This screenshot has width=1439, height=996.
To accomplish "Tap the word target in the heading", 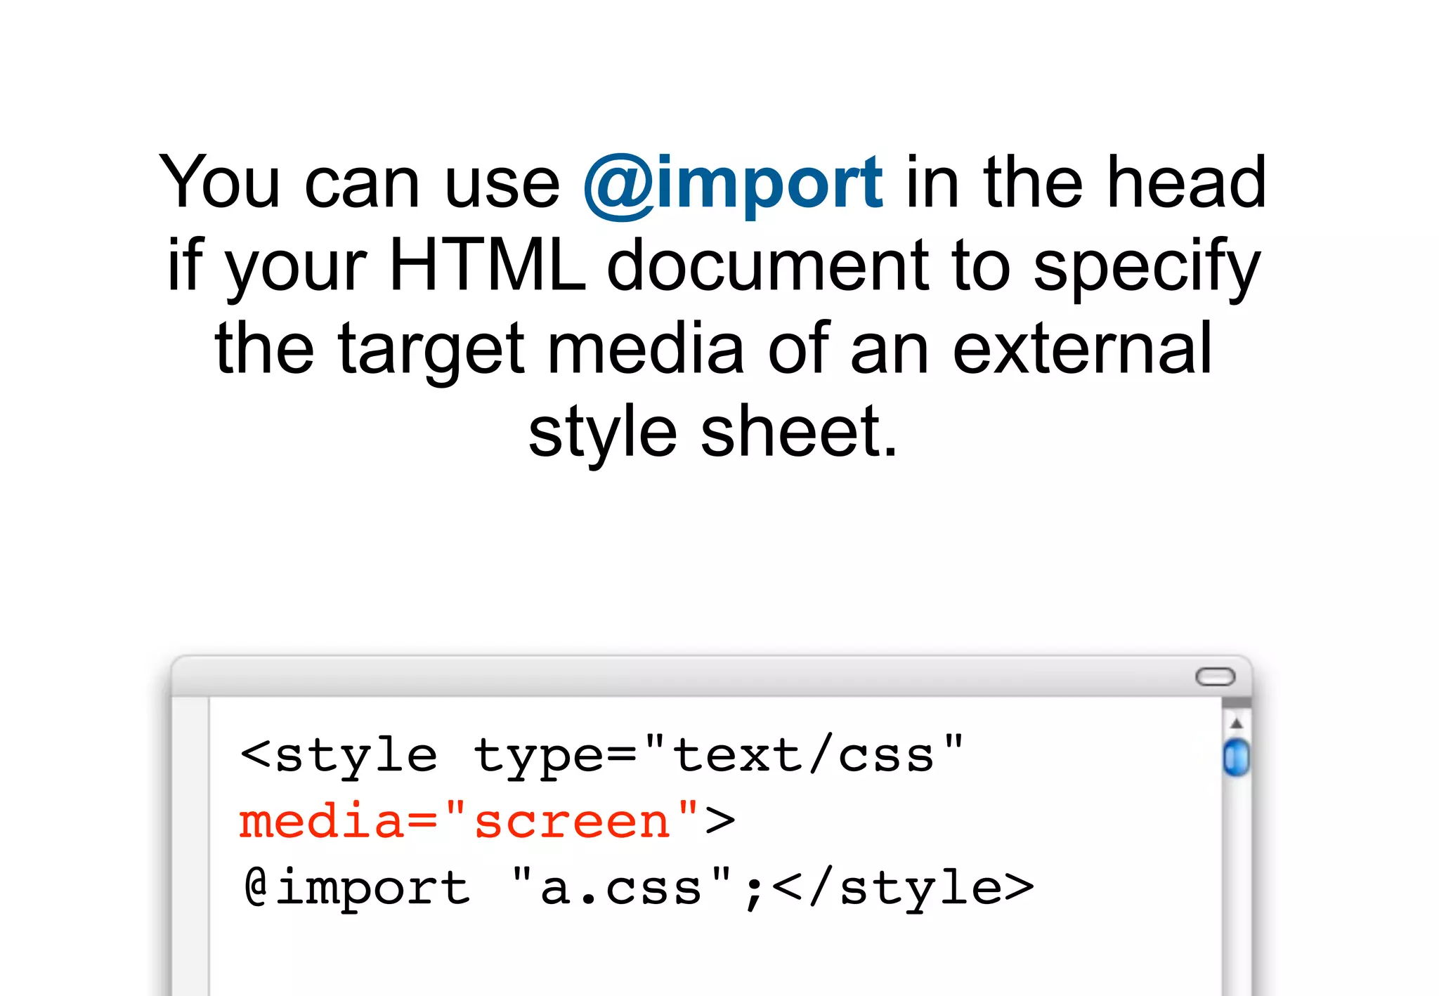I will pos(431,350).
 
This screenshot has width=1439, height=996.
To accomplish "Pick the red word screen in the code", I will pos(572,821).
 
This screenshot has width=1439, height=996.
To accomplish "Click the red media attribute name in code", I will pos(321,821).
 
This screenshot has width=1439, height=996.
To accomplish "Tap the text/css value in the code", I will pos(803,756).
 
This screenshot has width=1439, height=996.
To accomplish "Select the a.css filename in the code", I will pos(621,888).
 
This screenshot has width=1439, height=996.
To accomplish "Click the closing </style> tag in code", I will pos(903,888).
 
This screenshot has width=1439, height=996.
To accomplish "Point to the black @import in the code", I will pos(357,888).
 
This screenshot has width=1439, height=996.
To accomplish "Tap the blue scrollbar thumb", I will pos(1236,757).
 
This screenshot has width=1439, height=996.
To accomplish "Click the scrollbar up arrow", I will pos(1237,723).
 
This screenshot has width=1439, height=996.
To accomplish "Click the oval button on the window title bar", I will pos(1215,676).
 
